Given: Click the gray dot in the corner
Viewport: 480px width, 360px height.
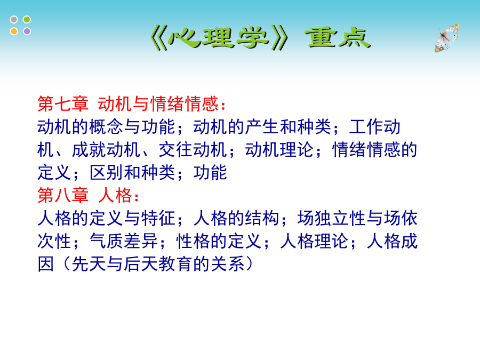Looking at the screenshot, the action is pyautogui.click(x=14, y=20).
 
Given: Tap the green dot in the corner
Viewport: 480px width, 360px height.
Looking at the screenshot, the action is pyautogui.click(x=27, y=20).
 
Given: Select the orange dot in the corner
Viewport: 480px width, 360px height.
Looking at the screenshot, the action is pyautogui.click(x=14, y=31).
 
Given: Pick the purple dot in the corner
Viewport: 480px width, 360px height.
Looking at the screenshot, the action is pyautogui.click(x=27, y=31).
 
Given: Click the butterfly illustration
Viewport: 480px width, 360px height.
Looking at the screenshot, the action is pyautogui.click(x=446, y=38).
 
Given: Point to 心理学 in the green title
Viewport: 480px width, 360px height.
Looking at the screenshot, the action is pyautogui.click(x=219, y=38).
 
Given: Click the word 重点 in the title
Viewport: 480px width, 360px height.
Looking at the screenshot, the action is pyautogui.click(x=338, y=38).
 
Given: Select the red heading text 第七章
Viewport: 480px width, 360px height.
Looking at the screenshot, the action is pyautogui.click(x=63, y=104).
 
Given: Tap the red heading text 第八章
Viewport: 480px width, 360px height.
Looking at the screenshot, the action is pyautogui.click(x=63, y=195).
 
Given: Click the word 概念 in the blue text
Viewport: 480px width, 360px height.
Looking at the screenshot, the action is pyautogui.click(x=106, y=127).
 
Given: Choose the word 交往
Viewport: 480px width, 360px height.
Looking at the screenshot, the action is pyautogui.click(x=175, y=150).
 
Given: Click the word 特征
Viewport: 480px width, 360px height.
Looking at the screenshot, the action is pyautogui.click(x=158, y=218).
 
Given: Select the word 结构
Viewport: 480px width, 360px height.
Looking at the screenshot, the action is pyautogui.click(x=262, y=218).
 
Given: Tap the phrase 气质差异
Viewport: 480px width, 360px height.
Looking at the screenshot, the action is pyautogui.click(x=124, y=241).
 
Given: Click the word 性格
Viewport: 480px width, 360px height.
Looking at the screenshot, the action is pyautogui.click(x=193, y=241).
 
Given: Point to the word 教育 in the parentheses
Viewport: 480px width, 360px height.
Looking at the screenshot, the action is pyautogui.click(x=175, y=264).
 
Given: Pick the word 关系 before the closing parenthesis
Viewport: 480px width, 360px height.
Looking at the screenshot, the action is pyautogui.click(x=227, y=264).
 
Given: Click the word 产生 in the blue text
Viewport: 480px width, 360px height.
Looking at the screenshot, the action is pyautogui.click(x=262, y=127).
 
